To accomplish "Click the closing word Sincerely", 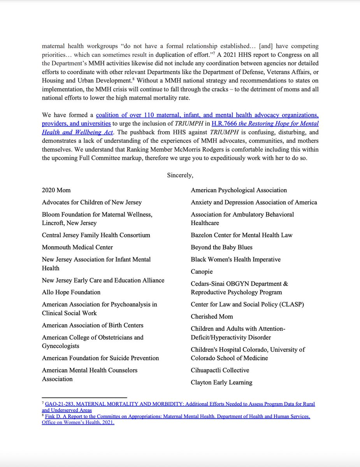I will coord(180,175).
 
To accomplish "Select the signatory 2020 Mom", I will coord(56,190).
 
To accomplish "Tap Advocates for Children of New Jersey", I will coord(92,202).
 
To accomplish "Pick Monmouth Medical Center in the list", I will coord(77,247).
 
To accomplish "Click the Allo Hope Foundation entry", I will coord(71,292).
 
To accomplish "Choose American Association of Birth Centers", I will coord(93,325).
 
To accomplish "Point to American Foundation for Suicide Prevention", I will coord(100,358).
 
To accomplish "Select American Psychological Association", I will coord(239,190).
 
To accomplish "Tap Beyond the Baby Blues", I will coord(221,247).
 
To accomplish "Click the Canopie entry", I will coord(202,272).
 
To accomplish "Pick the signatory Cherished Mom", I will coord(212,316).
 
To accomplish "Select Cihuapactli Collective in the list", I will coord(220,370).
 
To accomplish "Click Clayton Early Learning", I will coord(221,383).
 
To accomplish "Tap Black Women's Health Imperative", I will coord(235,260).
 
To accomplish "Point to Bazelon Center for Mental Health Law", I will coord(241,235).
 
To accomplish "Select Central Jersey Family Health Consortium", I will coord(96,235).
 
